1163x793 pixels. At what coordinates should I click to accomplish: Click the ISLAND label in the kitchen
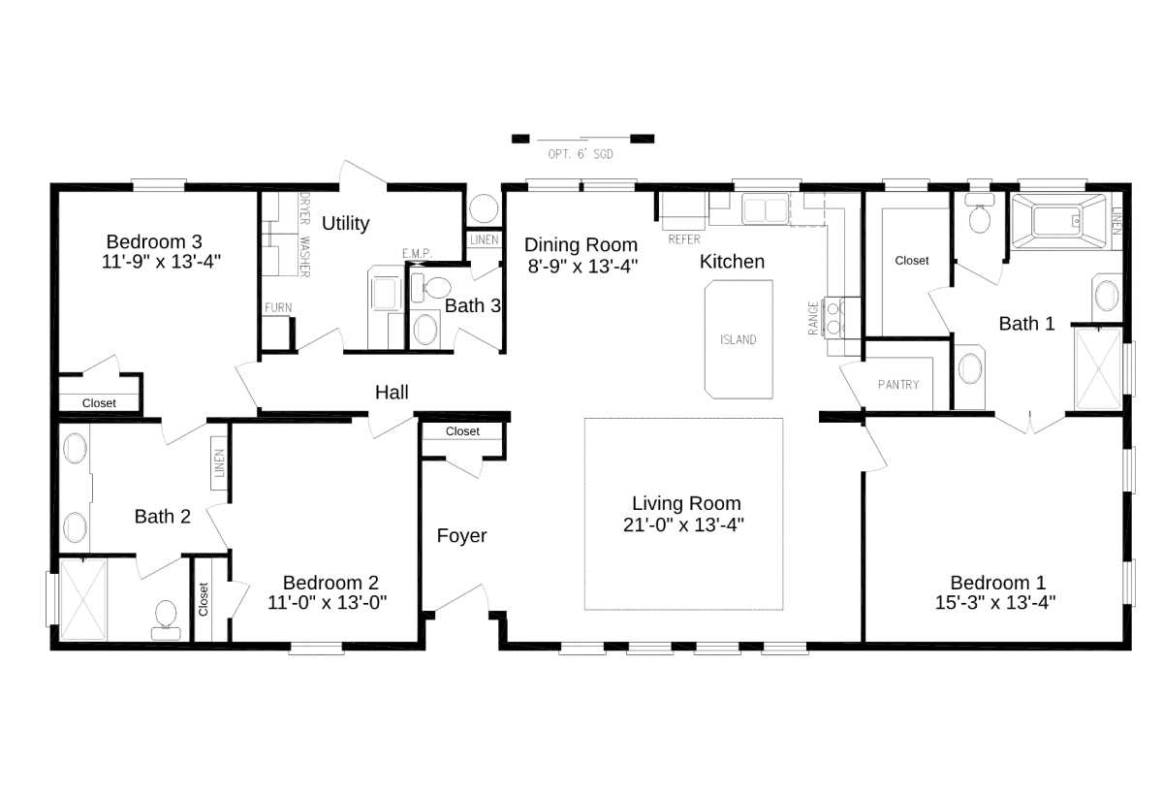739,340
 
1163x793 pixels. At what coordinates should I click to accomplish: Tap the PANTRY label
898,385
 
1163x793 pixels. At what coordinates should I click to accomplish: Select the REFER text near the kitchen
684,238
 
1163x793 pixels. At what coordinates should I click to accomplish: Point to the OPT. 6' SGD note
581,154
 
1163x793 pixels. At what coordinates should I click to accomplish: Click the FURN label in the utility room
278,308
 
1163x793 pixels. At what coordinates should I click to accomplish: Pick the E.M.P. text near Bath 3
417,254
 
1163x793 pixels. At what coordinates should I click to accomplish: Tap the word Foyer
461,536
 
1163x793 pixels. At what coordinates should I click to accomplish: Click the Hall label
392,393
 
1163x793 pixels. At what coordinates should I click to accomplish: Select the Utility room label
346,223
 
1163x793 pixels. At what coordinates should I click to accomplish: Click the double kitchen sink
765,208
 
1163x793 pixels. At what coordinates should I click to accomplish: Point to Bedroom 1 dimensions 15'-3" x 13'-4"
997,602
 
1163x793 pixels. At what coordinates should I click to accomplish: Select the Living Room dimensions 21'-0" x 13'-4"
686,524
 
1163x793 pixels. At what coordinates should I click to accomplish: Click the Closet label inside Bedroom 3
99,403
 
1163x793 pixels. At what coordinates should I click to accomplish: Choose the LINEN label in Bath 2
220,463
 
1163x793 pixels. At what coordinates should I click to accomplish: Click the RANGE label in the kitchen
813,318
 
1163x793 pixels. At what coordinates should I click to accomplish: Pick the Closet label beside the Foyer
462,431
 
